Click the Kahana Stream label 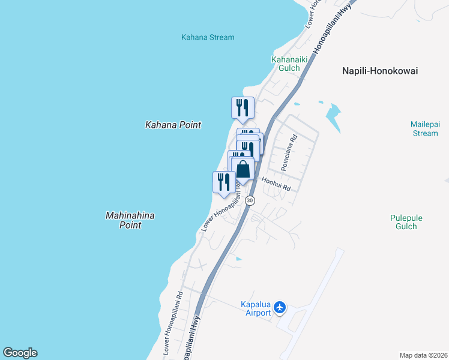tap(208, 37)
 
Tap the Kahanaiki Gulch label tap(285, 64)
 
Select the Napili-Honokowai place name tap(379, 71)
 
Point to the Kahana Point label tap(173, 125)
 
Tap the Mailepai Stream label tap(425, 128)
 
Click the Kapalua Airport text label tap(256, 308)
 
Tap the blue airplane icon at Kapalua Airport tap(279, 308)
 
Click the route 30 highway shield tap(250, 200)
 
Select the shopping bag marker tap(243, 169)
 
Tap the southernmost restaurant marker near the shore tap(224, 182)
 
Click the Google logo tap(20, 353)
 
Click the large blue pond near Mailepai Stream tap(332, 112)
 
